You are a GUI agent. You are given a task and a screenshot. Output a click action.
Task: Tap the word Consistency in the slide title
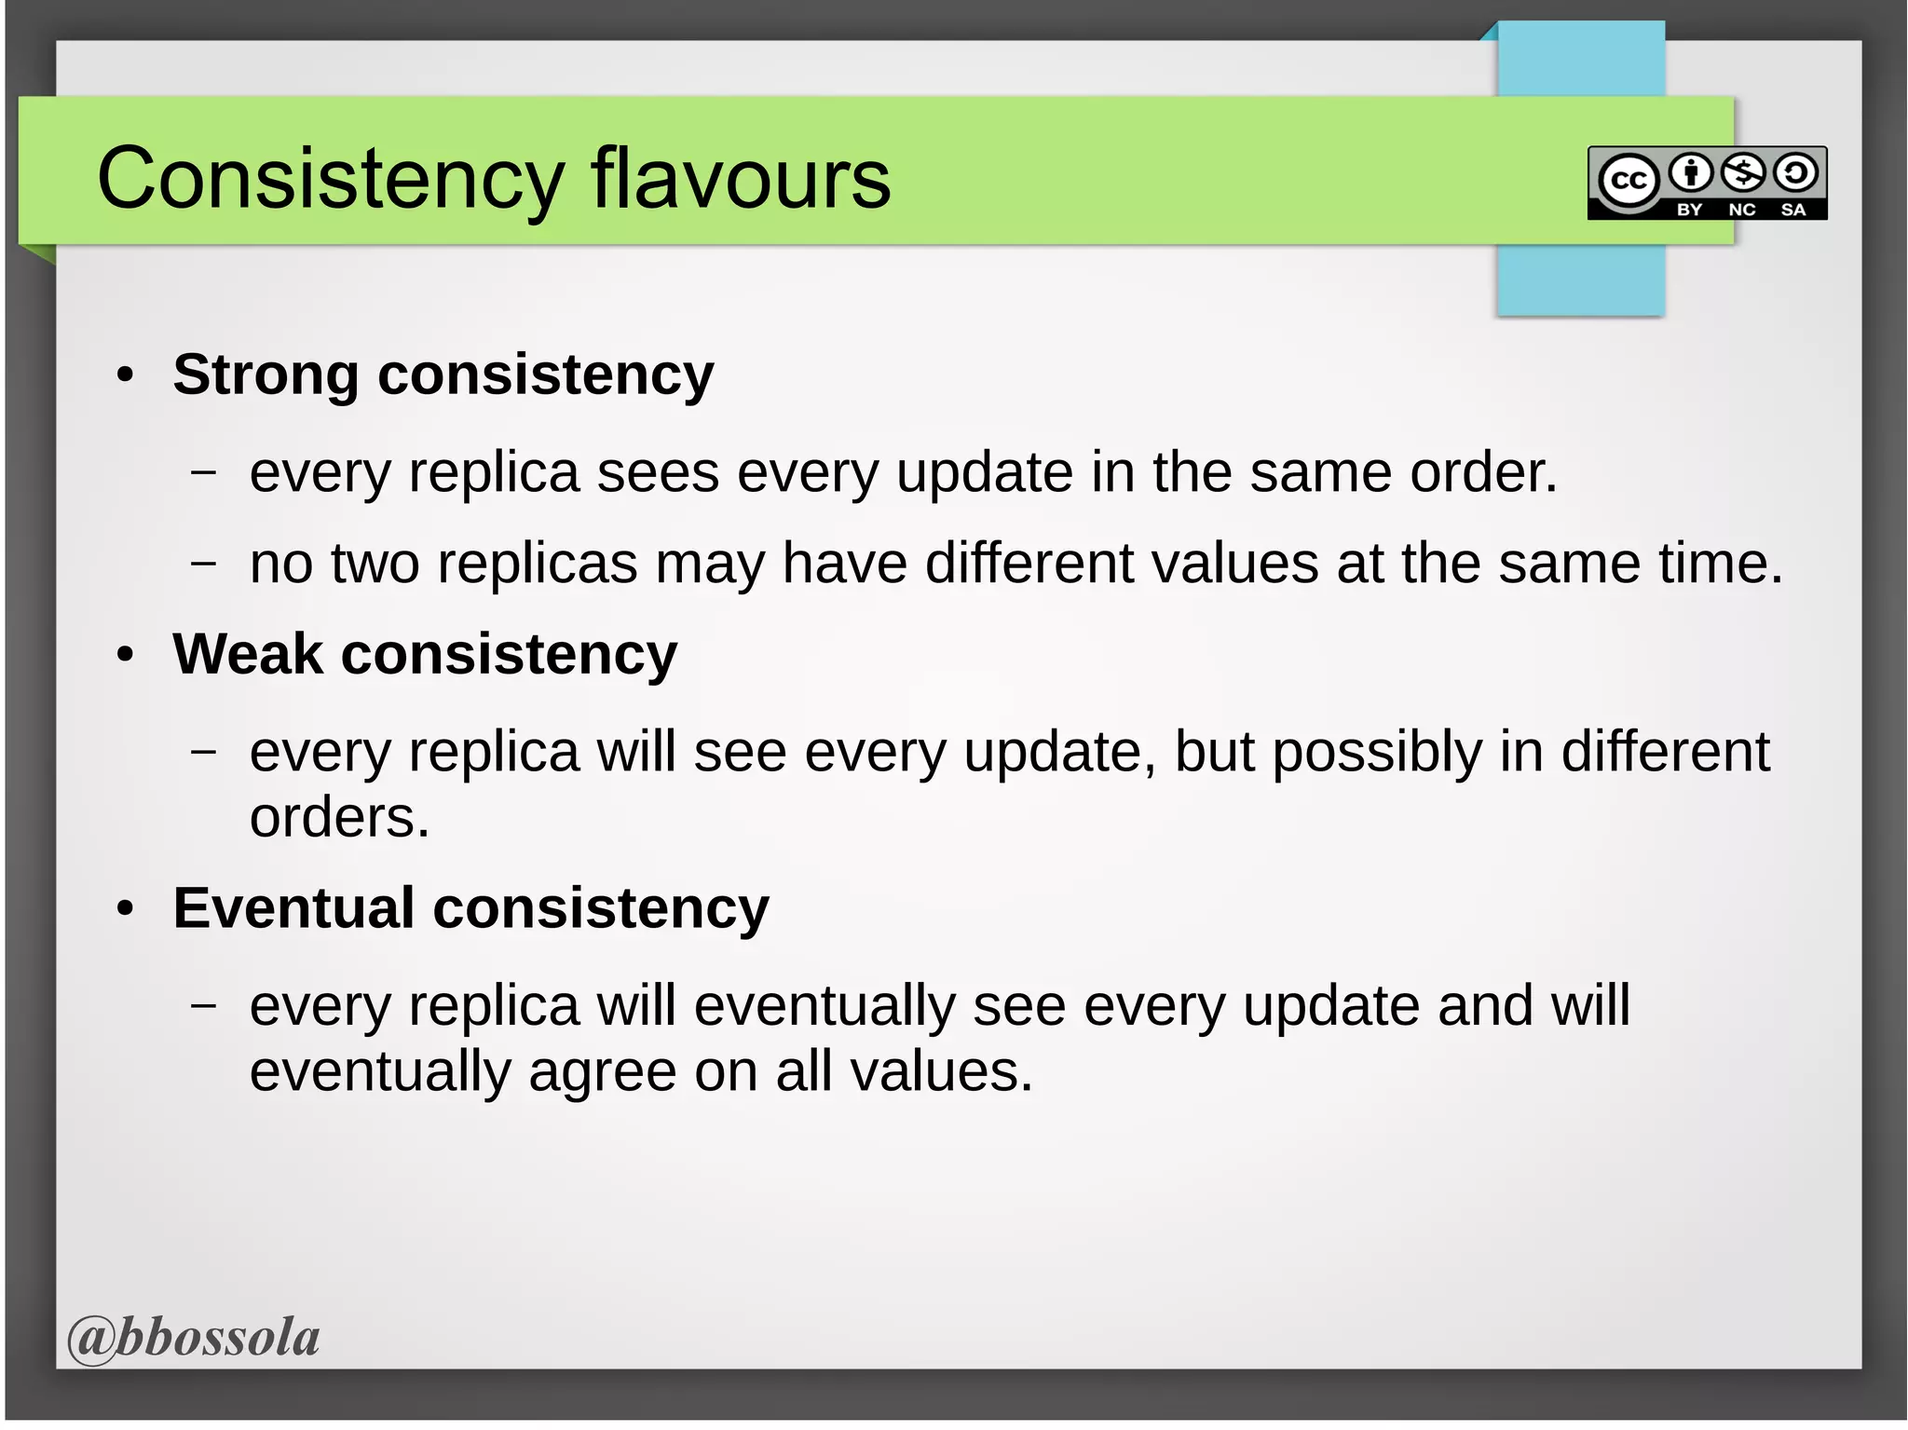pos(330,179)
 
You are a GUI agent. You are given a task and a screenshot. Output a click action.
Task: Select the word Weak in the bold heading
pos(247,654)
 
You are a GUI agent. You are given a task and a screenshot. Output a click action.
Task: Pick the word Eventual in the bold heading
pos(293,907)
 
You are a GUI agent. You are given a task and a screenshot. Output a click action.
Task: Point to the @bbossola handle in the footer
pos(194,1337)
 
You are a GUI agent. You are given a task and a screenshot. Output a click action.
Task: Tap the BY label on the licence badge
pos(1689,210)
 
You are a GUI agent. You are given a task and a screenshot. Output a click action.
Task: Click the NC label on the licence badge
pos(1741,210)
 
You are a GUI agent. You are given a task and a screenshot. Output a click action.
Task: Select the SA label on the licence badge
pos(1793,210)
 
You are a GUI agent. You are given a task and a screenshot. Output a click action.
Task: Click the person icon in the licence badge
pos(1690,172)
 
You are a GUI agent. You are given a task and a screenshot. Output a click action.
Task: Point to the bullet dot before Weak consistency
pos(126,655)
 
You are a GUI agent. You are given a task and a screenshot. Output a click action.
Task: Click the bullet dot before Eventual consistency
pos(126,909)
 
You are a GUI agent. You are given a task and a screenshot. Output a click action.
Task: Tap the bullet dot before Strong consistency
pos(126,376)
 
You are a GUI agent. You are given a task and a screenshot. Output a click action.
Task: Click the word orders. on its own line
pos(339,817)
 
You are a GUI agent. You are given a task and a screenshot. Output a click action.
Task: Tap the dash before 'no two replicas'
pos(203,564)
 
